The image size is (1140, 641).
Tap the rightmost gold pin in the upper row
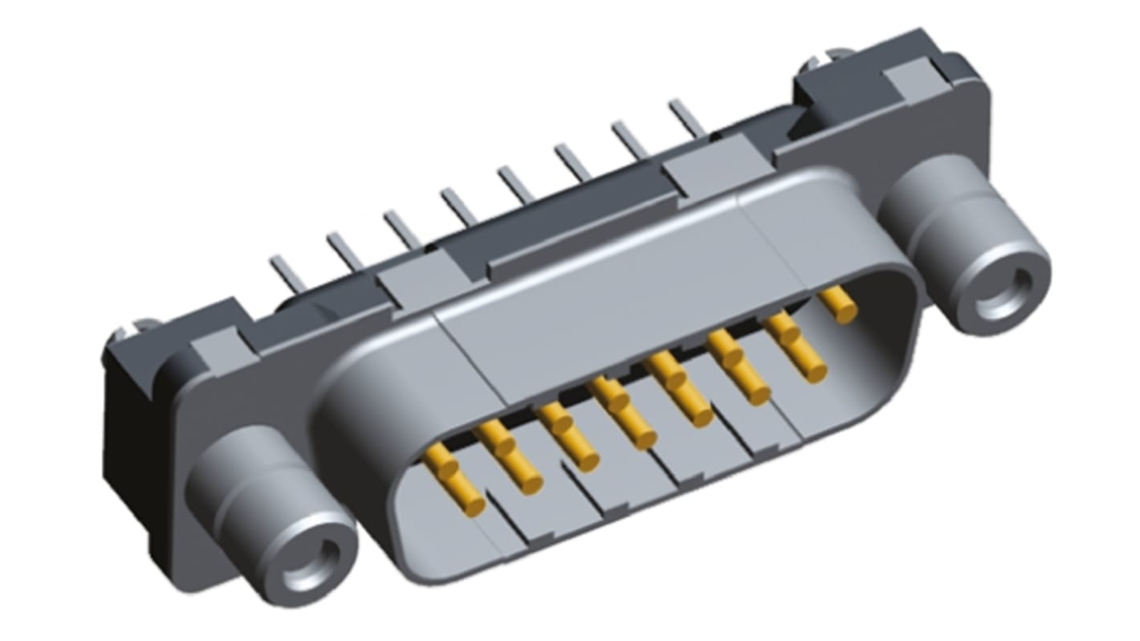click(x=838, y=305)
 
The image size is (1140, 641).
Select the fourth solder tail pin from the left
click(x=458, y=206)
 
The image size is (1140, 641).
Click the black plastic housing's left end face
click(x=128, y=426)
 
